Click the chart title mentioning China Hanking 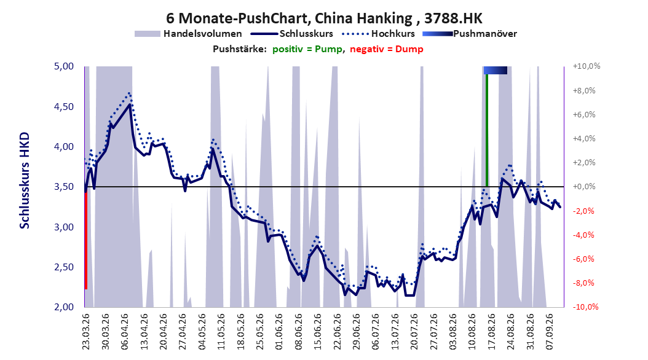pos(324,18)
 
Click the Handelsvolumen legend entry pos(189,34)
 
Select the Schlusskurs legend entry pos(292,34)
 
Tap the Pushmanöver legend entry pos(470,34)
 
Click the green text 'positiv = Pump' pos(307,49)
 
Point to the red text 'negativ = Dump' pos(387,49)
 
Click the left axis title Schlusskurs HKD pos(25,181)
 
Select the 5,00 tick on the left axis pos(64,66)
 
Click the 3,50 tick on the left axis pos(64,187)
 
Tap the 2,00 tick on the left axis pos(64,307)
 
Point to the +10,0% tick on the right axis pos(587,66)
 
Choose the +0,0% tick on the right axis pos(584,187)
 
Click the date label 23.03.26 pos(86,332)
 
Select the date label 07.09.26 pos(549,332)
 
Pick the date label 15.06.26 pos(317,332)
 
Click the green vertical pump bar pos(487,130)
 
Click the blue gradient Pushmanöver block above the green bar pos(495,70)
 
